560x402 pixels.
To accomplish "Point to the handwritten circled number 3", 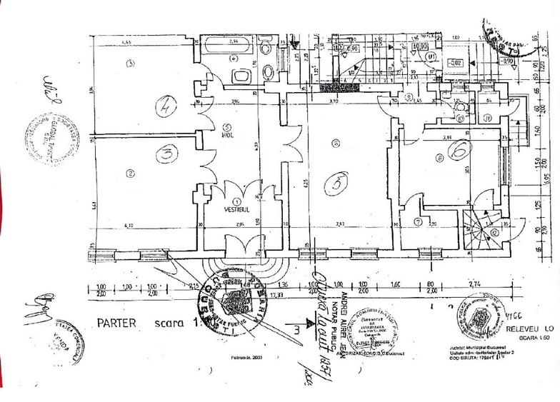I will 165,153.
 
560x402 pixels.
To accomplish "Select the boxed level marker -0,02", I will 456,63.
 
